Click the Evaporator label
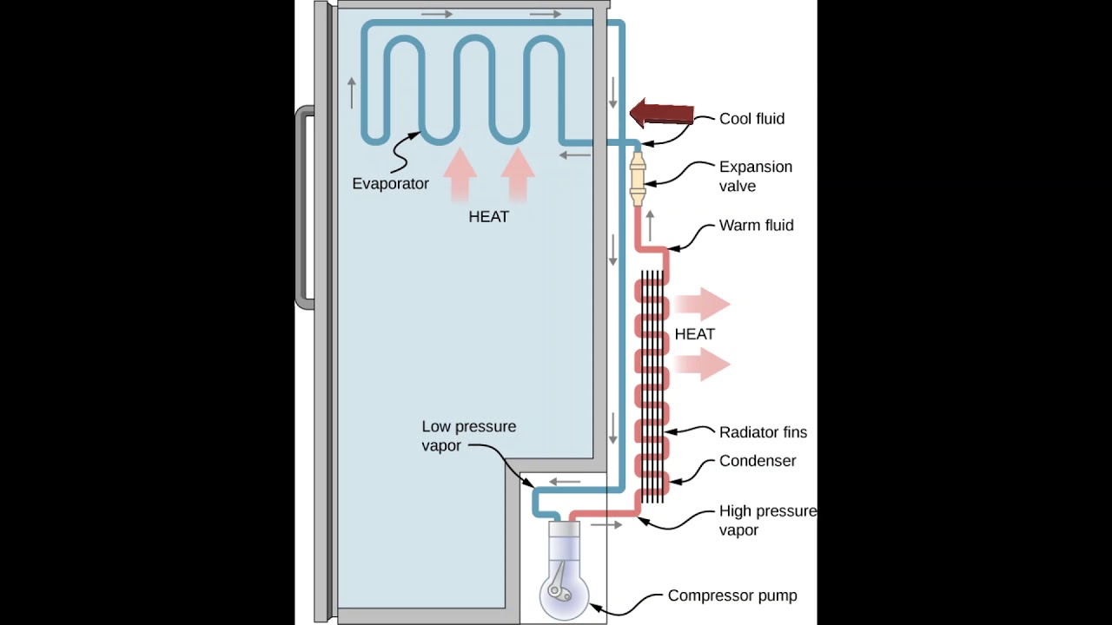pos(390,184)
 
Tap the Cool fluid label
pos(751,119)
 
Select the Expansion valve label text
pos(755,176)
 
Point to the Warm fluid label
pos(756,226)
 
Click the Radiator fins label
pos(763,432)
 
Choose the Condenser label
pos(757,461)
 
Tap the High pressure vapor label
pos(767,520)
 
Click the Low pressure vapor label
pos(468,436)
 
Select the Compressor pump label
pos(731,595)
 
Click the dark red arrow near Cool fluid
pos(662,114)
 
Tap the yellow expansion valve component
pos(639,178)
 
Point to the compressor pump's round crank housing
pos(563,592)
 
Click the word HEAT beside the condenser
pos(694,334)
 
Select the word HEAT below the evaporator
pos(488,217)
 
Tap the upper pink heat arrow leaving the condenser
pos(702,304)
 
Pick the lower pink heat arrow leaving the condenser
pos(702,365)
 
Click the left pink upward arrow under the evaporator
pos(460,174)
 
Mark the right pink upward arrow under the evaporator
pos(518,174)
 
